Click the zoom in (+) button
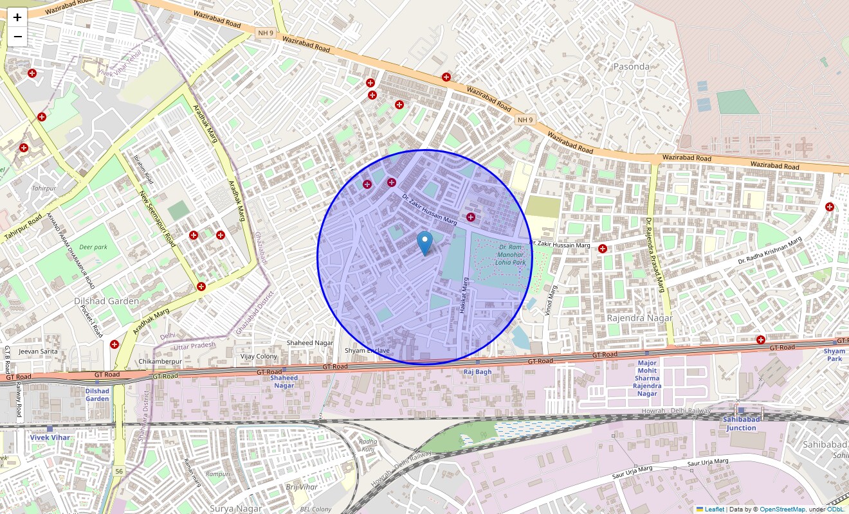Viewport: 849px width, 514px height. pos(17,17)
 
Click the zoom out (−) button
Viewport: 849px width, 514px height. pos(17,37)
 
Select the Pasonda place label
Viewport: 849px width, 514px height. pos(631,66)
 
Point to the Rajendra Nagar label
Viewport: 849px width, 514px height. pos(639,318)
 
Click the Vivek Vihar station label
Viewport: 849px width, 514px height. pos(50,437)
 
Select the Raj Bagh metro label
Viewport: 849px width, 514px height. pos(477,372)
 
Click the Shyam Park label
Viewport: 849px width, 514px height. pos(834,355)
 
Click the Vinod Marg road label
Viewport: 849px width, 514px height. pos(551,301)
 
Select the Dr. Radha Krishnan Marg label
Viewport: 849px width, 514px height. pos(770,251)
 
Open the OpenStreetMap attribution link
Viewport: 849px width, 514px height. pos(781,510)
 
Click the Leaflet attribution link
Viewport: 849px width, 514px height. pos(714,510)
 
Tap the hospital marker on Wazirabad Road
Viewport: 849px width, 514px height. pos(446,77)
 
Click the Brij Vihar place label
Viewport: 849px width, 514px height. pos(302,487)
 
